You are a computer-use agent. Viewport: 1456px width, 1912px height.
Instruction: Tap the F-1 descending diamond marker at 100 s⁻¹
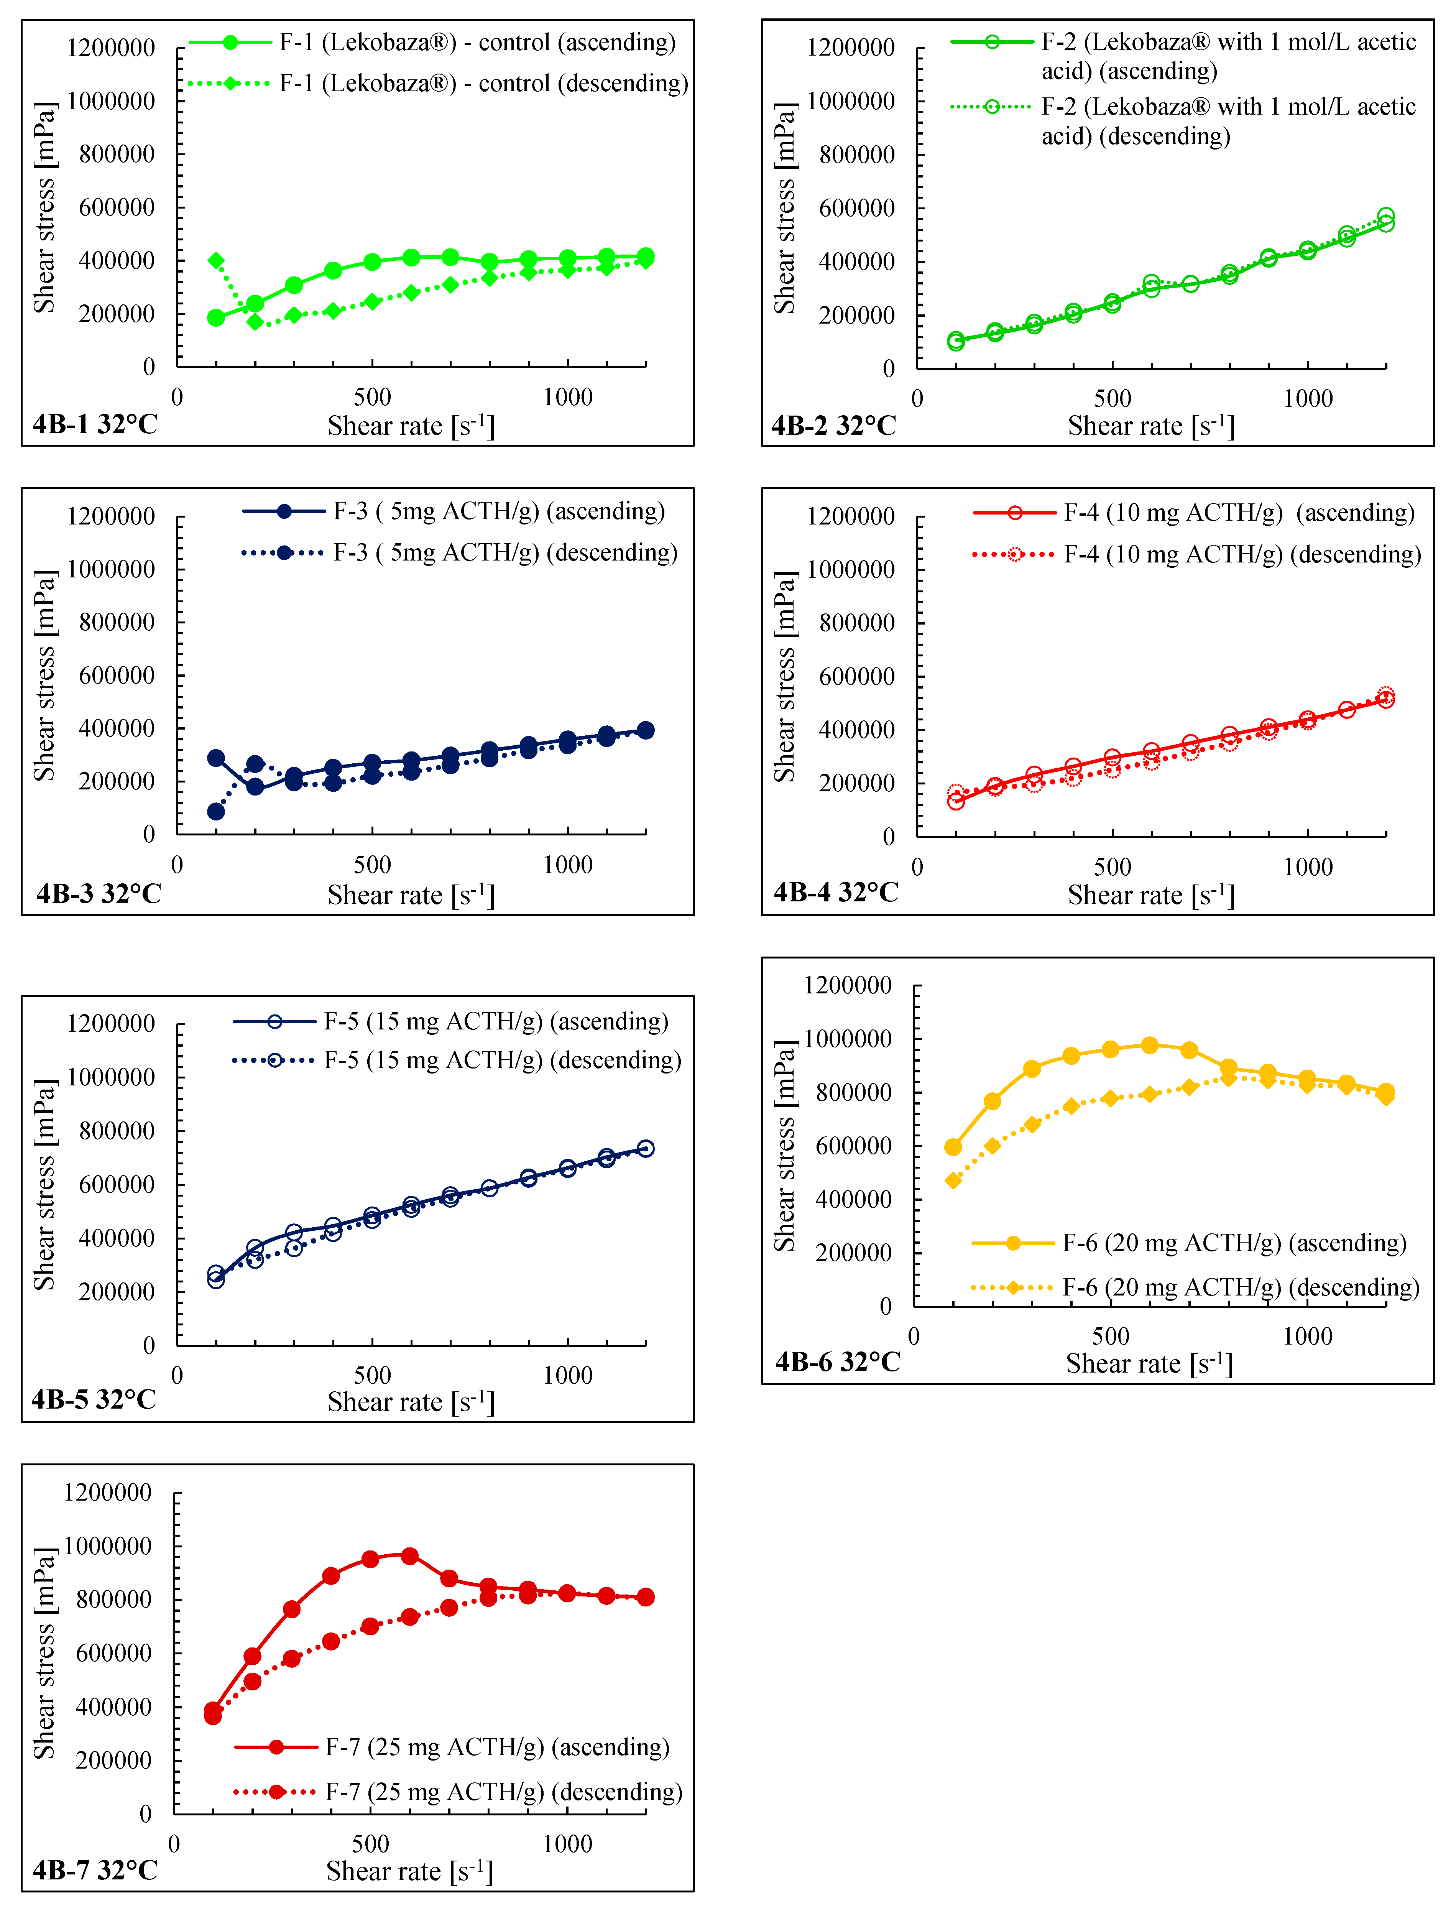click(216, 260)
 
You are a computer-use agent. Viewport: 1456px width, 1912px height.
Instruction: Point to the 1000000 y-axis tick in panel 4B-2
click(850, 101)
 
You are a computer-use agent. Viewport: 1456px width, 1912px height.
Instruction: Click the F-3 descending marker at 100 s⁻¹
click(216, 811)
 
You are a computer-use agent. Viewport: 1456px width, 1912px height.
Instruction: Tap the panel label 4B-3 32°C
click(99, 894)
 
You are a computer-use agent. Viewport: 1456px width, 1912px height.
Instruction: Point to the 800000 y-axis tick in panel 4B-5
click(116, 1131)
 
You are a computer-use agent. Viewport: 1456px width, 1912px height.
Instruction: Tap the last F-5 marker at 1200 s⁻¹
click(646, 1148)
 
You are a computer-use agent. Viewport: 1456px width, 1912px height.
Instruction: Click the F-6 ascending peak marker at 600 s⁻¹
click(1150, 1045)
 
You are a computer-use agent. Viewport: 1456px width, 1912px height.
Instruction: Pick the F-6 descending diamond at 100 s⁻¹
click(953, 1180)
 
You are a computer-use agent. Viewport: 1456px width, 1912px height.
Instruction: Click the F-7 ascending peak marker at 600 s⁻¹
click(410, 1556)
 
